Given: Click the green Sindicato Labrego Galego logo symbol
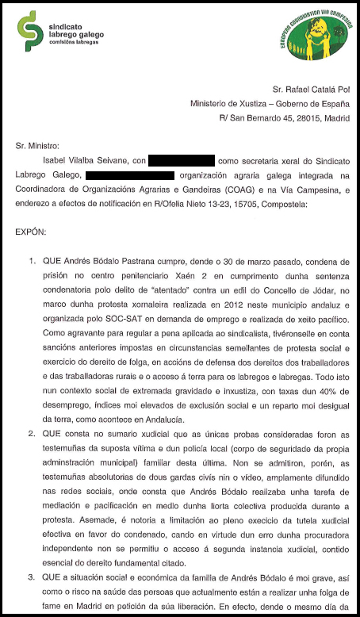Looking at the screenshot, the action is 29,29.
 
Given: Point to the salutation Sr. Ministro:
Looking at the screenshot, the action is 37,146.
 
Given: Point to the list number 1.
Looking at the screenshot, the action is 31,260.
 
